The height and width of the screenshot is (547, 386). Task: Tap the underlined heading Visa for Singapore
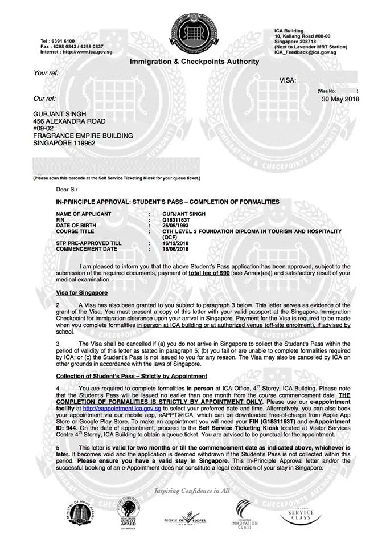click(82, 292)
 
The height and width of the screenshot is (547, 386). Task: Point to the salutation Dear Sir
click(66, 189)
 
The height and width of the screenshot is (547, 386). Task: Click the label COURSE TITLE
click(77, 231)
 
